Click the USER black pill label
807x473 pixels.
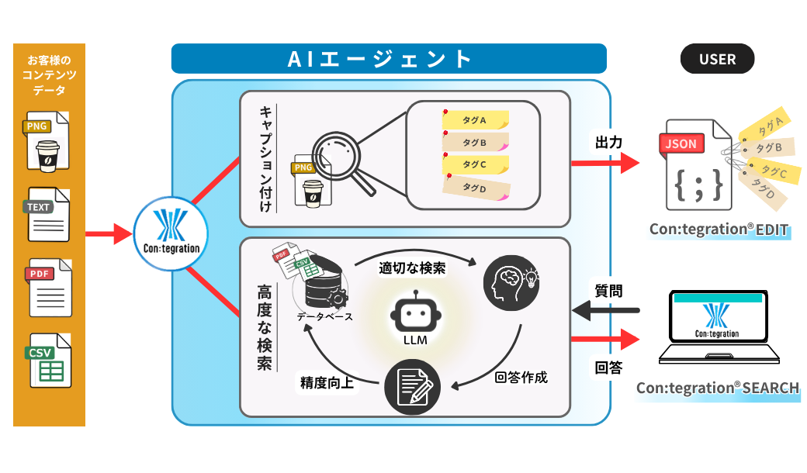(x=717, y=59)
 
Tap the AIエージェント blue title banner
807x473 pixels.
(x=388, y=59)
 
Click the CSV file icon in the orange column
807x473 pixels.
(x=50, y=361)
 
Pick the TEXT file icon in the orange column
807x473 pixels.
(x=50, y=216)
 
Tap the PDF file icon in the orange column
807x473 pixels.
(x=50, y=287)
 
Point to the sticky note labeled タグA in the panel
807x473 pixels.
(x=476, y=120)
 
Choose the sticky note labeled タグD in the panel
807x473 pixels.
(x=475, y=187)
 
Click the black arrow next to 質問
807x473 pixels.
(x=605, y=311)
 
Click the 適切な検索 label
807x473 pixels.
(x=412, y=268)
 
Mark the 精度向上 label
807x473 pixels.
(x=327, y=382)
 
